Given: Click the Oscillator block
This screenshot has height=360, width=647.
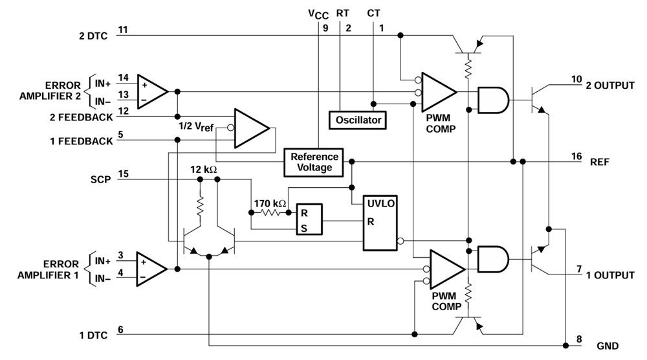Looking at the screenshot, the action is coord(358,120).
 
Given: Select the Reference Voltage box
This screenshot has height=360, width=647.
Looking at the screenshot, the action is coord(314,163).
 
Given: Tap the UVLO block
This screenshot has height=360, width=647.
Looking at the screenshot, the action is coord(380,223).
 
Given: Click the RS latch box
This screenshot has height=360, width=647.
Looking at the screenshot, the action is coord(309,219).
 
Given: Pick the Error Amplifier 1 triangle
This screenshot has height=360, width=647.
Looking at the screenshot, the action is coord(151,269).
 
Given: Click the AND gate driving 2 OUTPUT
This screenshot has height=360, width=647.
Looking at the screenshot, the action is coord(493,100).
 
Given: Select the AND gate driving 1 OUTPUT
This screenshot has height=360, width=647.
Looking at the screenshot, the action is coord(493,259).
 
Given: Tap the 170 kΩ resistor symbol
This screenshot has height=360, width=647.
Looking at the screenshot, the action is coord(270,212).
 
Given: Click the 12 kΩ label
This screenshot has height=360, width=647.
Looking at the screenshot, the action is coord(203,169).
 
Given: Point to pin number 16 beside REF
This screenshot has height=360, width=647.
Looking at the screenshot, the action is coord(576,156).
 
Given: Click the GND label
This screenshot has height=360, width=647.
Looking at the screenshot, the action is coord(608,346).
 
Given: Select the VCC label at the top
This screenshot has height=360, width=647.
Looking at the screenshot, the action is coord(318,14).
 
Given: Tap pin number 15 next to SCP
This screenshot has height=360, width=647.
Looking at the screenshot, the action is coord(124,174).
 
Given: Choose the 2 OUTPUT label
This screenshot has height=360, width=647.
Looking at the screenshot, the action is coord(610,85).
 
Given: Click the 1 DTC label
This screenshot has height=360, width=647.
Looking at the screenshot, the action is coord(93,335).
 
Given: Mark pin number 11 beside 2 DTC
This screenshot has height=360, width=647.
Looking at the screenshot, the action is coord(123,30).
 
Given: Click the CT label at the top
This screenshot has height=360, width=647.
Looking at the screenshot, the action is coord(373,13).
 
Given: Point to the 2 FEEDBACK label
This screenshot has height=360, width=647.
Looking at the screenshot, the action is coord(82,117).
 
